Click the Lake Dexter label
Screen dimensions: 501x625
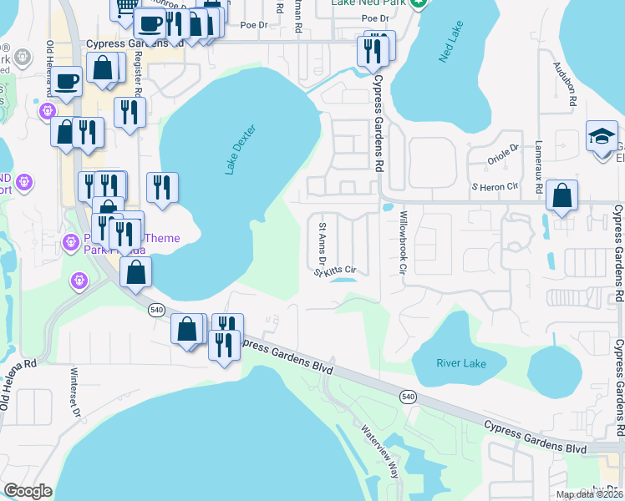239,149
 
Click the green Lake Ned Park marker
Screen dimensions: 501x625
422,3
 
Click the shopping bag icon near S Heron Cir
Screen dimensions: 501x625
562,197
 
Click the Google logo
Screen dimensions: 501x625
28,491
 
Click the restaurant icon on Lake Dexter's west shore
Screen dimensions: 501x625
162,186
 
